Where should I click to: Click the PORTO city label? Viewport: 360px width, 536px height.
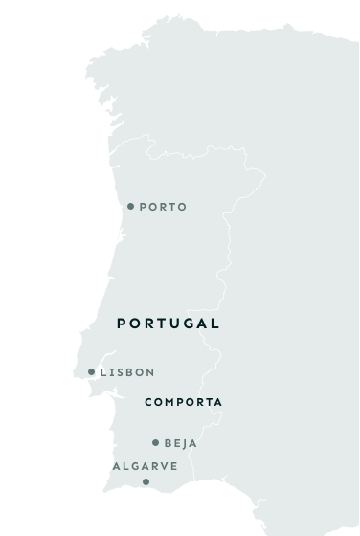pyautogui.click(x=163, y=207)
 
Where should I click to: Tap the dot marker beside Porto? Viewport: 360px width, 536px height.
pyautogui.click(x=131, y=206)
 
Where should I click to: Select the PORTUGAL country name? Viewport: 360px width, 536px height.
pyautogui.click(x=169, y=324)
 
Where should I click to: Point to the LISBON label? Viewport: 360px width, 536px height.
pyautogui.click(x=127, y=372)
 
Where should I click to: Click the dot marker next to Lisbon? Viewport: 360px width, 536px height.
pyautogui.click(x=92, y=372)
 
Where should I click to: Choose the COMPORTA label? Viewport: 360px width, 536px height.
pyautogui.click(x=184, y=403)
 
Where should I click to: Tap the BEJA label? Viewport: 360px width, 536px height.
pyautogui.click(x=181, y=443)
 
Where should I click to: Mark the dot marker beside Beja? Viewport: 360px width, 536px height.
pyautogui.click(x=155, y=443)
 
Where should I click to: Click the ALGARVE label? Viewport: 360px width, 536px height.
pyautogui.click(x=146, y=466)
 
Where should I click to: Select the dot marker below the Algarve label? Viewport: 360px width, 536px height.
pyautogui.click(x=146, y=481)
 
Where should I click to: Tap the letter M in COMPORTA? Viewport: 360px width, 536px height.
pyautogui.click(x=170, y=403)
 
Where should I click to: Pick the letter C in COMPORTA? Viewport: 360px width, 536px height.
pyautogui.click(x=148, y=403)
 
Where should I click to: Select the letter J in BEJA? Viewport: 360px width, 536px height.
pyautogui.click(x=187, y=443)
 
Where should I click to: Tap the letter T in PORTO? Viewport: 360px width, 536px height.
pyautogui.click(x=172, y=207)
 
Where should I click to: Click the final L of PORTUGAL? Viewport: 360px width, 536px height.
pyautogui.click(x=215, y=324)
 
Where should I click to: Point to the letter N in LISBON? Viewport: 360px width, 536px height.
pyautogui.click(x=149, y=372)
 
